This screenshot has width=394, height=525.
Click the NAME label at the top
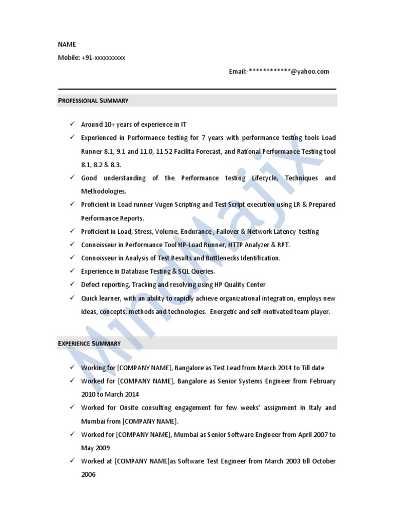(67, 45)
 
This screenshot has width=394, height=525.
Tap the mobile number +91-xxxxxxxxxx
(103, 58)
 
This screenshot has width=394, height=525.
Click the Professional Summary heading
(93, 100)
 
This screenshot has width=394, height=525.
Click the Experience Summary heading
(89, 343)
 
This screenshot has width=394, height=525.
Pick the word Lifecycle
(265, 178)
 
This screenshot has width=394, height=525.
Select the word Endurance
(196, 232)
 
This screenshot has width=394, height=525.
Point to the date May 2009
(95, 448)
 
